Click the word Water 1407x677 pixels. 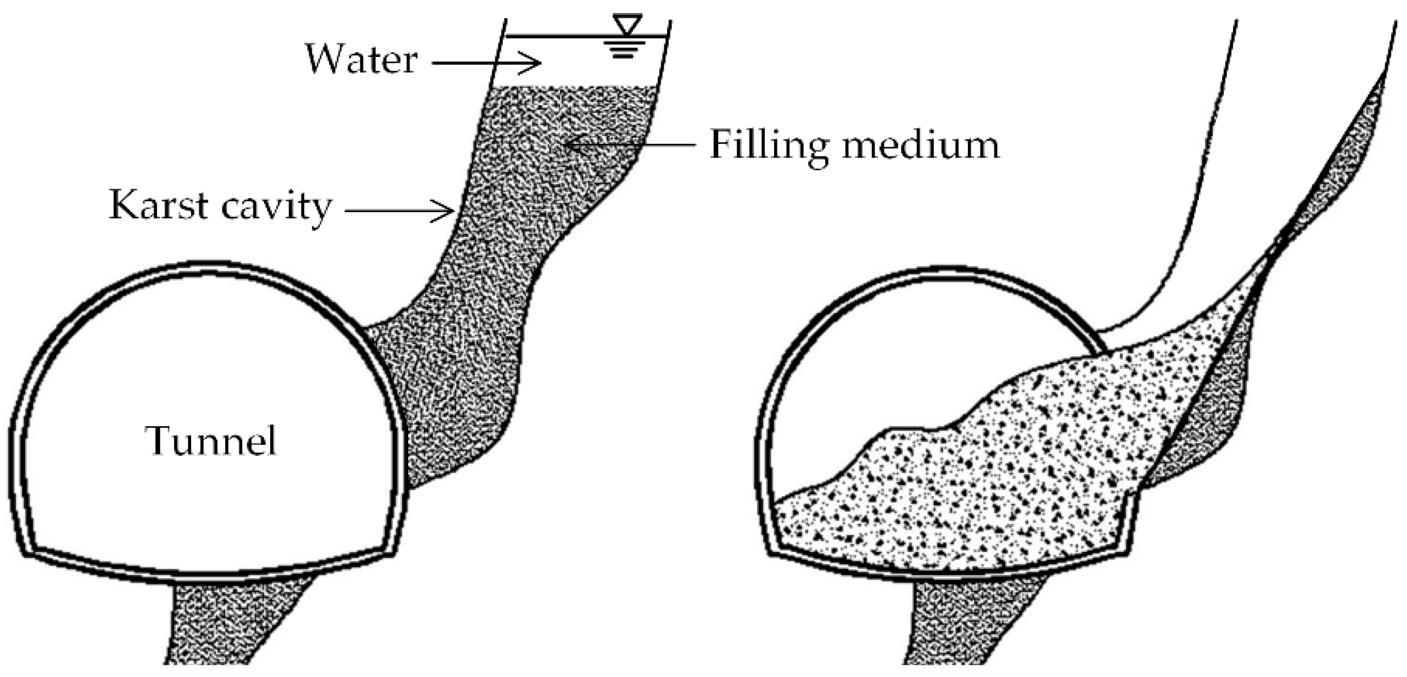pyautogui.click(x=362, y=59)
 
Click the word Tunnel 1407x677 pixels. pyautogui.click(x=210, y=441)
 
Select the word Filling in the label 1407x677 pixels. pyautogui.click(x=769, y=146)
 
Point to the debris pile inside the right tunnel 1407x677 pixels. pyautogui.click(x=967, y=484)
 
